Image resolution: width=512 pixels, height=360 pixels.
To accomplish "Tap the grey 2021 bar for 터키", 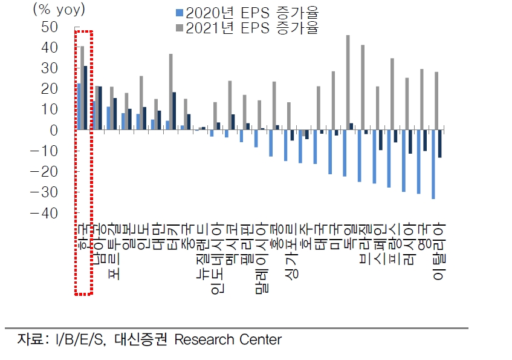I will click(x=171, y=91).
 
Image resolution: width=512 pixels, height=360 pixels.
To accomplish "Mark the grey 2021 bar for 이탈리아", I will click(x=436, y=100).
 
